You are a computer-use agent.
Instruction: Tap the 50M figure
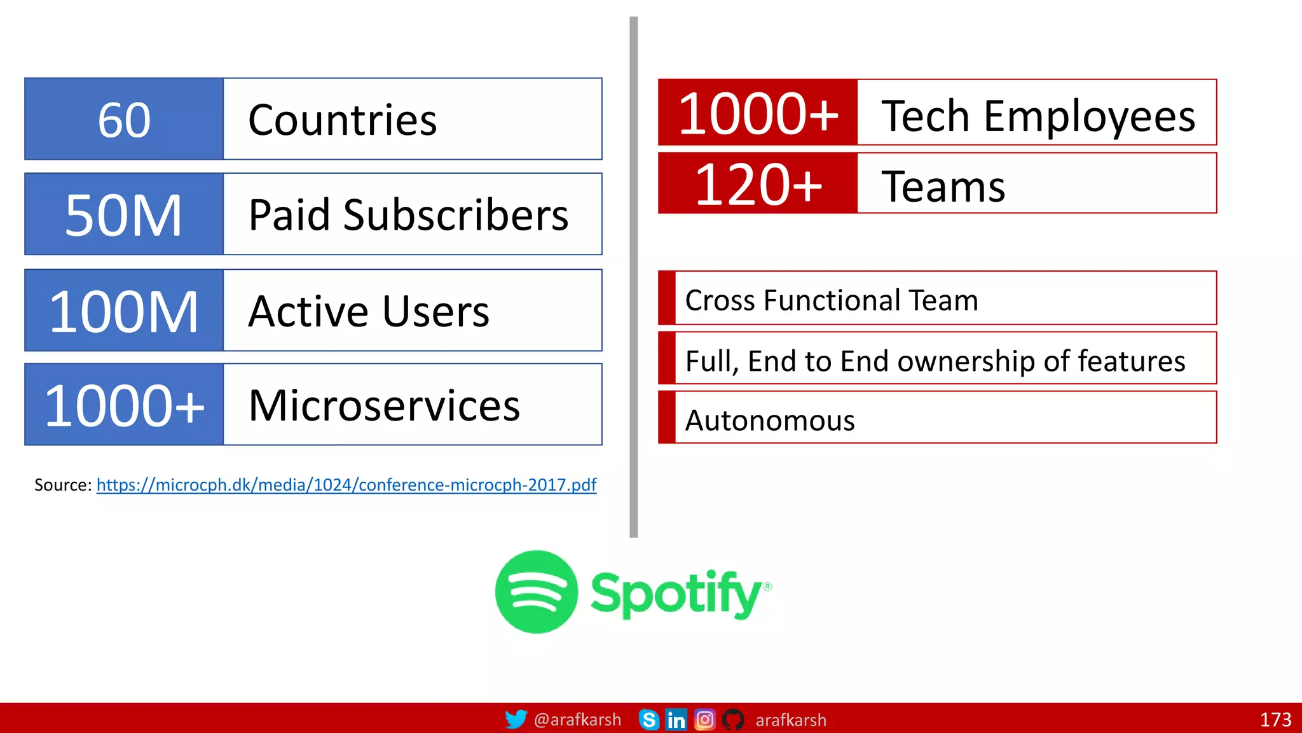(124, 215)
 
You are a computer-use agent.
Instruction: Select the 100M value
(124, 311)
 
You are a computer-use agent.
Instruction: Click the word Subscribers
(455, 215)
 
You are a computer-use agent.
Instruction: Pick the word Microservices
(384, 405)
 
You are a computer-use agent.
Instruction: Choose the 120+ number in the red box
(758, 185)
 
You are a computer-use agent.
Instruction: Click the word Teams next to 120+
(943, 186)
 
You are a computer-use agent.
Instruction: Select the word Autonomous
(770, 421)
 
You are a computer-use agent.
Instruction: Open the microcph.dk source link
(346, 485)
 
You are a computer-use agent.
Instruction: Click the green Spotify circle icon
(536, 592)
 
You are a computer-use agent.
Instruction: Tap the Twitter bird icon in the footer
(516, 719)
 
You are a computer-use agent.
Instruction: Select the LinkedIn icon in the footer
(676, 720)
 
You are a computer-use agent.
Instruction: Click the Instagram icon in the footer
(704, 720)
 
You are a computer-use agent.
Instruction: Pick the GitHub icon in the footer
(733, 720)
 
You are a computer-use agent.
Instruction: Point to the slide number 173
(1275, 720)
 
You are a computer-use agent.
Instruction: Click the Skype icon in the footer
(648, 720)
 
